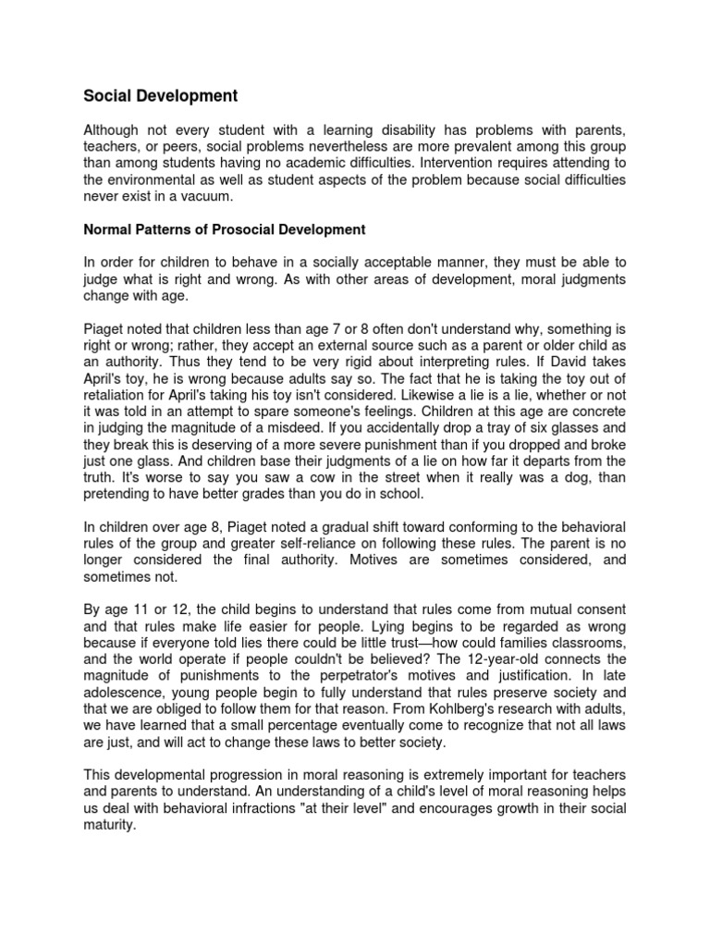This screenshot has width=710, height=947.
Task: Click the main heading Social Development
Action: [161, 95]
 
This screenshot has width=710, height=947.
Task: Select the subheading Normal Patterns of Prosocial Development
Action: [225, 229]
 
